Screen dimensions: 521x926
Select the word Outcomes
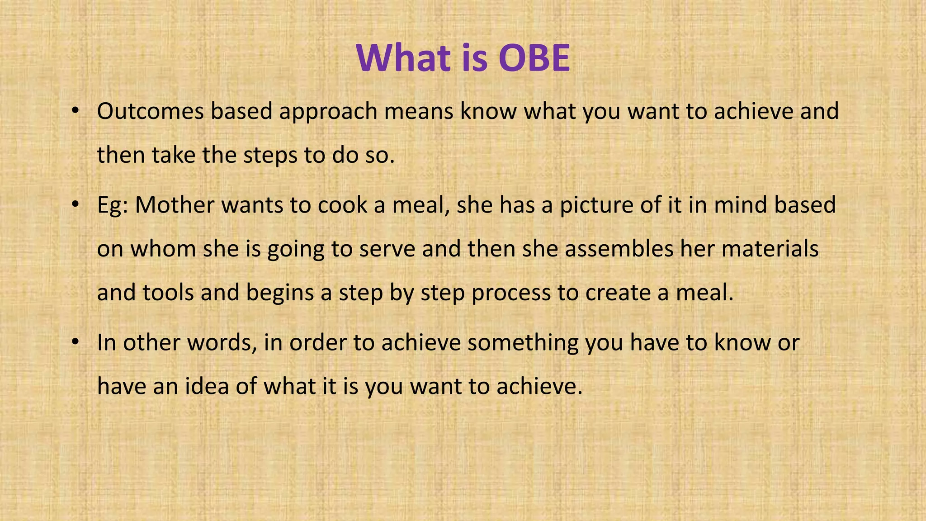click(150, 111)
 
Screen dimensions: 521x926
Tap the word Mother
click(175, 205)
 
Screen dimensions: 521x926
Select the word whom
click(163, 249)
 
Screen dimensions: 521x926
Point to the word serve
click(387, 249)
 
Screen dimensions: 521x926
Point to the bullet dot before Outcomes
click(75, 111)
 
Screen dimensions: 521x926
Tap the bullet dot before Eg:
click(75, 205)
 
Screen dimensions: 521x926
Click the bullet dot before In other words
click(75, 342)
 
